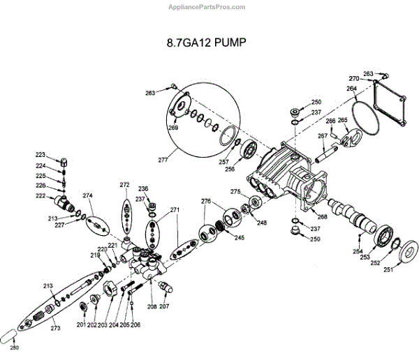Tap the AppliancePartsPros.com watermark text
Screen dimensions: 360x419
pyautogui.click(x=207, y=6)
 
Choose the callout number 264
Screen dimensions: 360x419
pyautogui.click(x=351, y=89)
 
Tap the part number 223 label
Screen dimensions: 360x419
pyautogui.click(x=41, y=154)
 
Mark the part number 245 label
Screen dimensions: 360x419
pyautogui.click(x=240, y=238)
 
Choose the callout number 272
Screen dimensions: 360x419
pyautogui.click(x=124, y=185)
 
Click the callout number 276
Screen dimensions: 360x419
pyautogui.click(x=205, y=202)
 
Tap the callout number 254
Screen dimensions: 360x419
pyautogui.click(x=358, y=251)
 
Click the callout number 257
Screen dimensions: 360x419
pyautogui.click(x=223, y=161)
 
